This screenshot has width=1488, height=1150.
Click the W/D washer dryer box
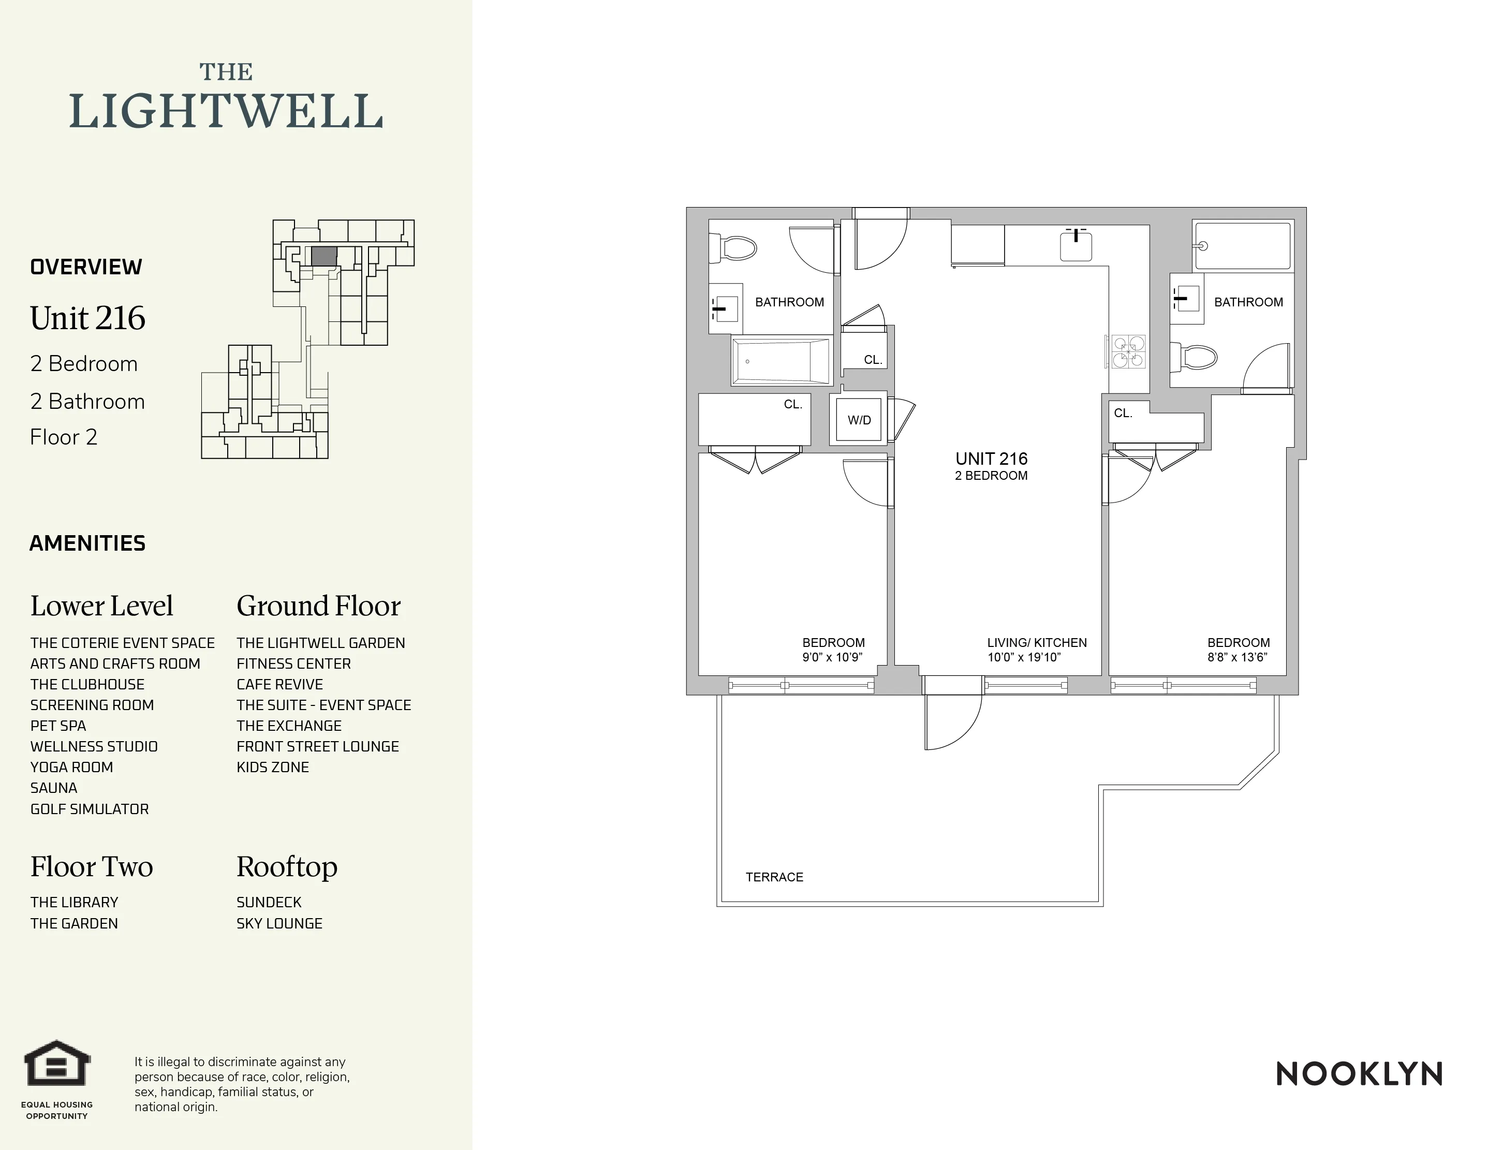point(859,420)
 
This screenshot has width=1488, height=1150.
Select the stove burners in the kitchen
point(1128,351)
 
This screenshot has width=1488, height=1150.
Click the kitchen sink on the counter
point(1076,246)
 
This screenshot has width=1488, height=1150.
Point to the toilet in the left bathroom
point(734,248)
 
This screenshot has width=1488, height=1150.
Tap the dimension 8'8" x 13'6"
point(1237,657)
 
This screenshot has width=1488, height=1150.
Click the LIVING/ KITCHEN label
point(1036,642)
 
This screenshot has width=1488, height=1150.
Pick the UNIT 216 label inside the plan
point(991,459)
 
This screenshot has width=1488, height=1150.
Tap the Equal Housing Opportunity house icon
point(57,1063)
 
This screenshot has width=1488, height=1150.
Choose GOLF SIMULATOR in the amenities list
point(89,809)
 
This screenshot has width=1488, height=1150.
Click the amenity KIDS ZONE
point(273,767)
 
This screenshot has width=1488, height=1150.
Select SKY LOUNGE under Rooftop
point(279,923)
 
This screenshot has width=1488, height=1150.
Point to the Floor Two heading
point(91,866)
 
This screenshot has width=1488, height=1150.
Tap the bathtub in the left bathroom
point(781,361)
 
